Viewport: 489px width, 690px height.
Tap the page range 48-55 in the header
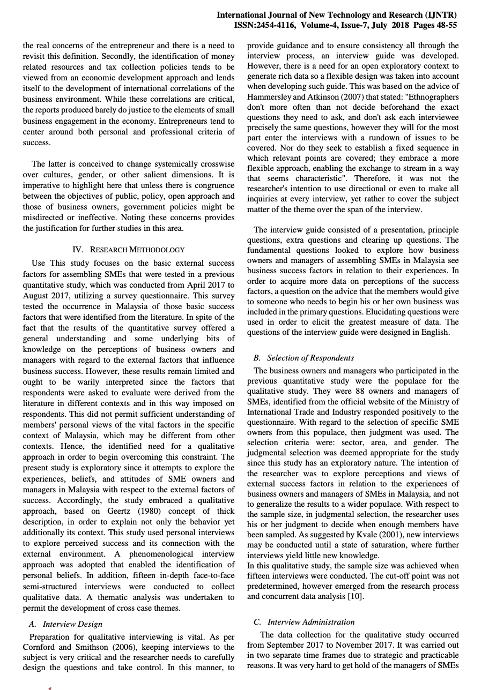tap(444, 25)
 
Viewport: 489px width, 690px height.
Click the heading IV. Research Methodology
tap(128, 250)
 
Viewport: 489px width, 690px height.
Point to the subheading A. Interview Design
tap(65, 624)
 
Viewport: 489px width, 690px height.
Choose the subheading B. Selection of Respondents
tap(303, 358)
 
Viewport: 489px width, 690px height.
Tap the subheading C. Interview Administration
tap(304, 622)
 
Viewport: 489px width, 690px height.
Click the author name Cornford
tap(43, 647)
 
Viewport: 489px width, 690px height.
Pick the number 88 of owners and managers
tap(361, 391)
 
